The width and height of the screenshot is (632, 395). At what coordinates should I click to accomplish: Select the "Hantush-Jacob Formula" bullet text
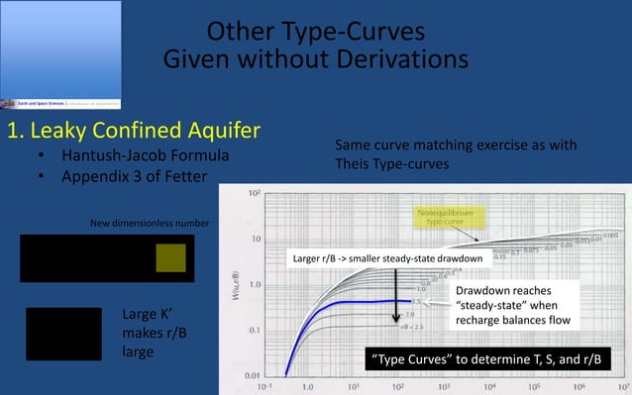(145, 156)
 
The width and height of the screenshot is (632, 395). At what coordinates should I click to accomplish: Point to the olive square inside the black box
(170, 258)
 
